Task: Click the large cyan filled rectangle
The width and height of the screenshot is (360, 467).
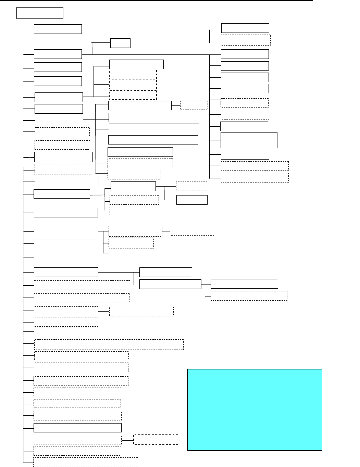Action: [255, 409]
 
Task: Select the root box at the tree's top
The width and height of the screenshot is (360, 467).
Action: [40, 13]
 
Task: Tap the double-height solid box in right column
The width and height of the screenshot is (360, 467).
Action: [249, 140]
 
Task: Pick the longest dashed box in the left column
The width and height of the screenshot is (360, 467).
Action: [109, 344]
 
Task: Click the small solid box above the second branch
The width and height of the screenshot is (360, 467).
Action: [120, 43]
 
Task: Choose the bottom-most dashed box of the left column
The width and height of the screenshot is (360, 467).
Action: [86, 462]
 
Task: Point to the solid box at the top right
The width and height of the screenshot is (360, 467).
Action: [245, 28]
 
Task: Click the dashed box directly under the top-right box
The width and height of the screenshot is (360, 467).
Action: [246, 40]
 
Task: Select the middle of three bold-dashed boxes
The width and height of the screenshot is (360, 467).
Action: [133, 84]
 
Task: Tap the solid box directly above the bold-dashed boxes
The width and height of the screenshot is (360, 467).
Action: [136, 64]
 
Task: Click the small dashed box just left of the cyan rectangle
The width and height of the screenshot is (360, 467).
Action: [156, 439]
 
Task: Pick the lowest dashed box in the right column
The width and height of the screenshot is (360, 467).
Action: [255, 178]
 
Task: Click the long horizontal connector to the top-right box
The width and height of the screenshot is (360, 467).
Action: [151, 29]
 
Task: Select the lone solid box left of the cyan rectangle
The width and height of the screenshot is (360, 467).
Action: [77, 428]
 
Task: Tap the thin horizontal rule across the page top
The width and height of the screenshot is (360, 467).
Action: [158, 1]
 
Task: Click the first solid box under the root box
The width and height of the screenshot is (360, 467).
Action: [58, 29]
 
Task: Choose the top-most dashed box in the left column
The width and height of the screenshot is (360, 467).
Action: [62, 132]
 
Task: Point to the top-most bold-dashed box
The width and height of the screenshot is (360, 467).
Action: [133, 75]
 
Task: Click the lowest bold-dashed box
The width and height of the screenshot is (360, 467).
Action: [133, 95]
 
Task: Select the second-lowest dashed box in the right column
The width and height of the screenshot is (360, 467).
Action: [255, 166]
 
